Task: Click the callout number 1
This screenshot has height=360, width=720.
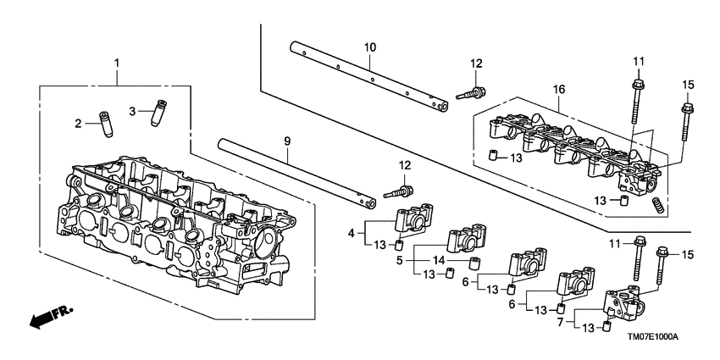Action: pyautogui.click(x=117, y=64)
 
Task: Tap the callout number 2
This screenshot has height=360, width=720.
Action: pyautogui.click(x=77, y=124)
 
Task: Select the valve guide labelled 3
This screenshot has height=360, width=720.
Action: pyautogui.click(x=157, y=113)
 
